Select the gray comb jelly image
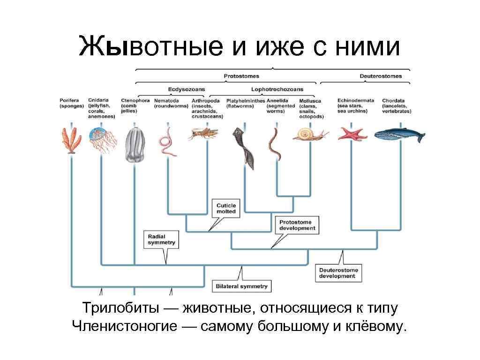pyautogui.click(x=135, y=145)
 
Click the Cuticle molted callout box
pyautogui.click(x=226, y=209)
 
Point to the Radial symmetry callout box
pyautogui.click(x=161, y=240)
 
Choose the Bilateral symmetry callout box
pyautogui.click(x=242, y=286)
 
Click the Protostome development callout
pyautogui.click(x=298, y=225)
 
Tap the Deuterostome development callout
pyautogui.click(x=338, y=273)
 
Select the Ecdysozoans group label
pyautogui.click(x=187, y=89)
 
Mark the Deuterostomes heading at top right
pyautogui.click(x=380, y=76)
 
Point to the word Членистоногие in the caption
pyautogui.click(x=125, y=326)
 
